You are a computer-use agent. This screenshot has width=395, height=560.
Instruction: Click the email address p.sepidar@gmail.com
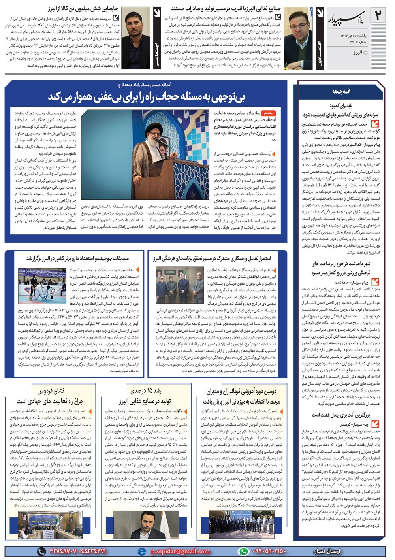(180, 551)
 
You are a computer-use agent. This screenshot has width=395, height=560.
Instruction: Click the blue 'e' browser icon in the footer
(141, 551)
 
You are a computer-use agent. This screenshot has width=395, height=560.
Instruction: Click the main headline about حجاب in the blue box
(146, 97)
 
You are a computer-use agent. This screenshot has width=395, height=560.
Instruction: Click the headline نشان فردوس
(51, 391)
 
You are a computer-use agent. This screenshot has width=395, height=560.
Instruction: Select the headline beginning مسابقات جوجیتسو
(77, 258)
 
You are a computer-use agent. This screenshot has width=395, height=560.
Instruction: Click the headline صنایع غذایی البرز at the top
(226, 8)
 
